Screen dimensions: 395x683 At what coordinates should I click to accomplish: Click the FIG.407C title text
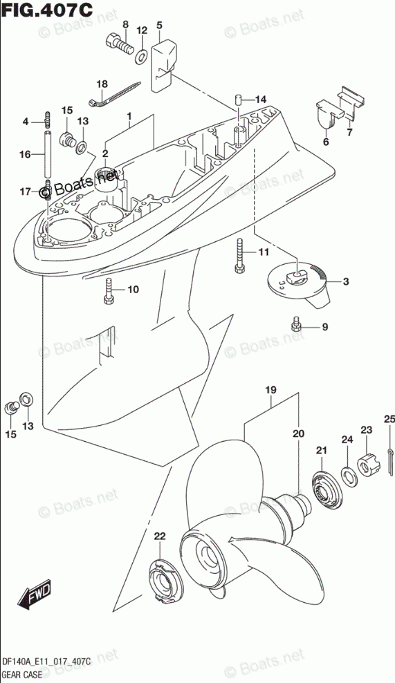(46, 9)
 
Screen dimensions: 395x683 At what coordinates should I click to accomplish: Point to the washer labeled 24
(349, 476)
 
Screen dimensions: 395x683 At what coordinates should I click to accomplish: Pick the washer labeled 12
(142, 56)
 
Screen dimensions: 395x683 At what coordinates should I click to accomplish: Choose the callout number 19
(270, 390)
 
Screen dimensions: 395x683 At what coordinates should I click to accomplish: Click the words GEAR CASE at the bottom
(21, 675)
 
